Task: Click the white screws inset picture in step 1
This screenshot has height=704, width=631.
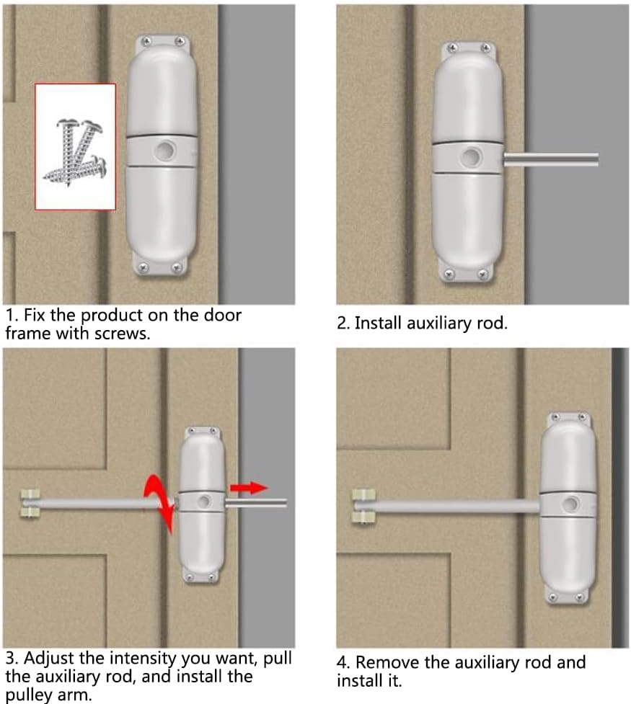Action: (76, 146)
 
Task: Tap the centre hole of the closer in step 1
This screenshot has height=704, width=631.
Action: (162, 149)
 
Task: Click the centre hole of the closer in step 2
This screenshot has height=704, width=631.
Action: (472, 156)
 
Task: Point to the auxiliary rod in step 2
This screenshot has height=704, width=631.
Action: (552, 159)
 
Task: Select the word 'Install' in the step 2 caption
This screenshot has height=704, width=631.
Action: (379, 324)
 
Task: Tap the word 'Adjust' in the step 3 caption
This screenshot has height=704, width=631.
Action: (48, 658)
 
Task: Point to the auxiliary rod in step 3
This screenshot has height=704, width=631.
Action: (260, 502)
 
